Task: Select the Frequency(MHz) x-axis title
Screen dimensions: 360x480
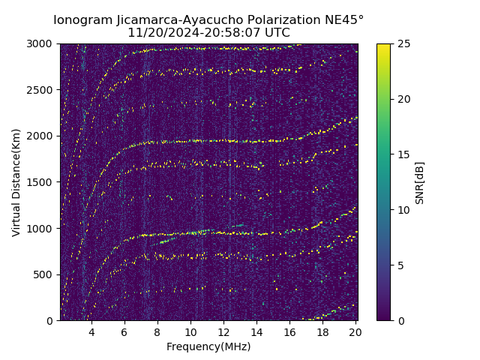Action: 208,346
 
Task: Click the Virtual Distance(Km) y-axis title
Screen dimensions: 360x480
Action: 16,182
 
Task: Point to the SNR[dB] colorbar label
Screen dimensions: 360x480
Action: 420,182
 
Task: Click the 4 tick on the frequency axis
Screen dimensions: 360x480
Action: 91,332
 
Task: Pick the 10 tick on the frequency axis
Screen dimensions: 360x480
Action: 190,332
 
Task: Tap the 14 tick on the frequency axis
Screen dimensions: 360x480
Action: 256,332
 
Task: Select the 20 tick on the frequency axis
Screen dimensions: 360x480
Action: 355,332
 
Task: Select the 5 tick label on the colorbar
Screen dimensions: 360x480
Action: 398,265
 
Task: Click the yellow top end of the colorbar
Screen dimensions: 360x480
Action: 383,46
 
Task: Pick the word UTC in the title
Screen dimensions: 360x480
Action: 277,33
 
